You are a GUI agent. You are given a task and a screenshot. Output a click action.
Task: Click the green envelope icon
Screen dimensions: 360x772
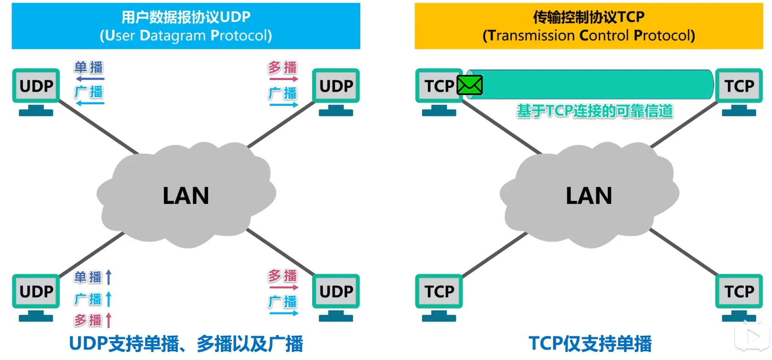pyautogui.click(x=469, y=85)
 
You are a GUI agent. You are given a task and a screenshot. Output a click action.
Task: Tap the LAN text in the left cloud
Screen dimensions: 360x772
pyautogui.click(x=186, y=196)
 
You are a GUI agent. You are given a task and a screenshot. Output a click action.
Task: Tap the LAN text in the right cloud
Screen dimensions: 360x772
pyautogui.click(x=588, y=196)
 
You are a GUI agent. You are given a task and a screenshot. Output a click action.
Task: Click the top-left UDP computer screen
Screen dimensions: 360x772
pyautogui.click(x=36, y=86)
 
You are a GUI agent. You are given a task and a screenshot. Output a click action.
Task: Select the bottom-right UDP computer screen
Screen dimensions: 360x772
pyautogui.click(x=336, y=292)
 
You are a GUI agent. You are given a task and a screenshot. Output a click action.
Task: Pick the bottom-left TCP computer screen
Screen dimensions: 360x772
pyautogui.click(x=439, y=292)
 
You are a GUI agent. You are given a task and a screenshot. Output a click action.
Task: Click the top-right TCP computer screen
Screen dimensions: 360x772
pyautogui.click(x=738, y=86)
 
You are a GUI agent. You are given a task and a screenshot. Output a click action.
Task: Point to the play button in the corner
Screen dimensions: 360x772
pyautogui.click(x=752, y=337)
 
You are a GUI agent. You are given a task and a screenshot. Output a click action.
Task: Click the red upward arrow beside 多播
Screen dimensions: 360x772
pyautogui.click(x=109, y=320)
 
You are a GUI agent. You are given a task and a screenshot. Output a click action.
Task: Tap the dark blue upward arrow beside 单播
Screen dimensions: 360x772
pyautogui.click(x=109, y=277)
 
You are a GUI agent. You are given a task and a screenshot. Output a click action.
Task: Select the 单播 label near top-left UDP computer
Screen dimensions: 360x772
pyautogui.click(x=89, y=68)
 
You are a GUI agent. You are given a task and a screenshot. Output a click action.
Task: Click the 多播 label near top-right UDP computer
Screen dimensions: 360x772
pyautogui.click(x=282, y=68)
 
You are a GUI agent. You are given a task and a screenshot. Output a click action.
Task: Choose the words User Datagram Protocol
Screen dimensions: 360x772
pyautogui.click(x=186, y=36)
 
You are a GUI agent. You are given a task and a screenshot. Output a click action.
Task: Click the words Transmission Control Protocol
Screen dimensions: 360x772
pyautogui.click(x=588, y=36)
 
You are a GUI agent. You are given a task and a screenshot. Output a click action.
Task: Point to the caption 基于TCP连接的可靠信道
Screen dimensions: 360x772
pyautogui.click(x=594, y=111)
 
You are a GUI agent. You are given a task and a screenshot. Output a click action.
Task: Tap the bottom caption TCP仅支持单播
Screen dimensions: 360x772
pyautogui.click(x=590, y=344)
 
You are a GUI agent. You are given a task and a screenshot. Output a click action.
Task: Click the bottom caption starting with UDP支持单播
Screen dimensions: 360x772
pyautogui.click(x=186, y=344)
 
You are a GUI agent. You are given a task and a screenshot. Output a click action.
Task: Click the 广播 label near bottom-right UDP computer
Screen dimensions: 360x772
pyautogui.click(x=282, y=302)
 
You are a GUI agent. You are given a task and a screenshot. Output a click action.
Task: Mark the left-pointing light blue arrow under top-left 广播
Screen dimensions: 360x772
pyautogui.click(x=90, y=104)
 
